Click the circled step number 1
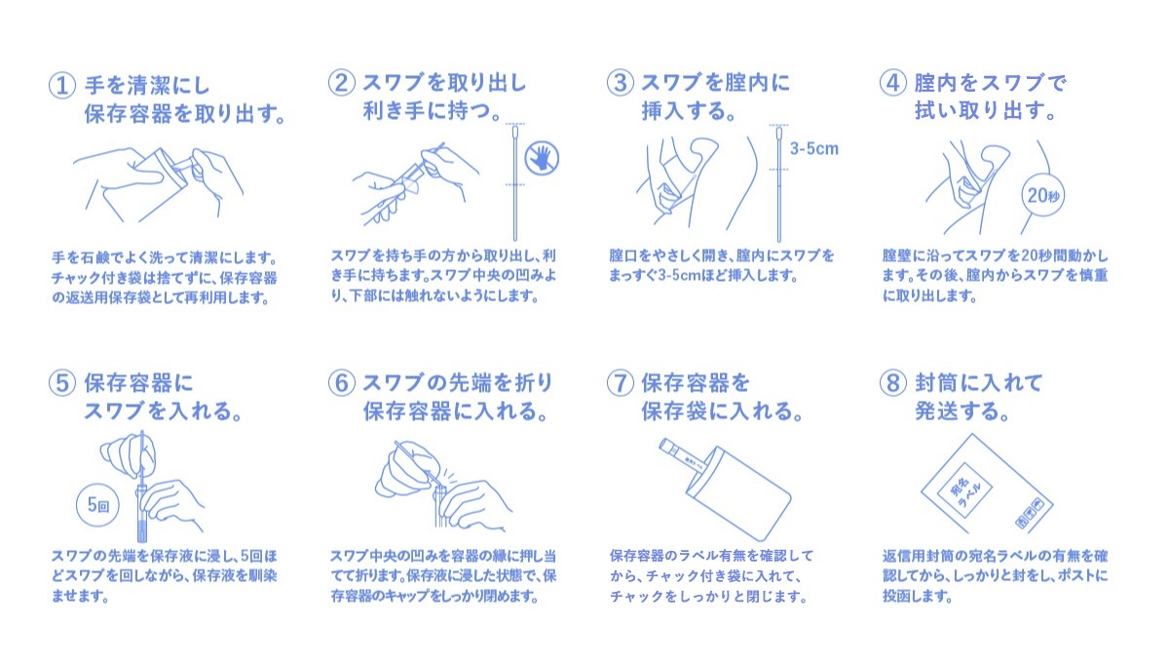61,86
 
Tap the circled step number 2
341,83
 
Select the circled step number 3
620,83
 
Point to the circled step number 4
892,83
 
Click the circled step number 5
61,383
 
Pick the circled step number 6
341,383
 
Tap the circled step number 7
620,383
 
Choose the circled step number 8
892,383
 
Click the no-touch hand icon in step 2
542,158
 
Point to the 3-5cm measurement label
813,149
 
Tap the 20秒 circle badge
1042,195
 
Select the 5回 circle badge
97,505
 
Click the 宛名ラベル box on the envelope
964,490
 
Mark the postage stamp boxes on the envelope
1029,513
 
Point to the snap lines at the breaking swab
449,477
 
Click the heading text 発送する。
962,411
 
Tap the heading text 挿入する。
689,111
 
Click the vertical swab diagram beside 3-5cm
778,183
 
